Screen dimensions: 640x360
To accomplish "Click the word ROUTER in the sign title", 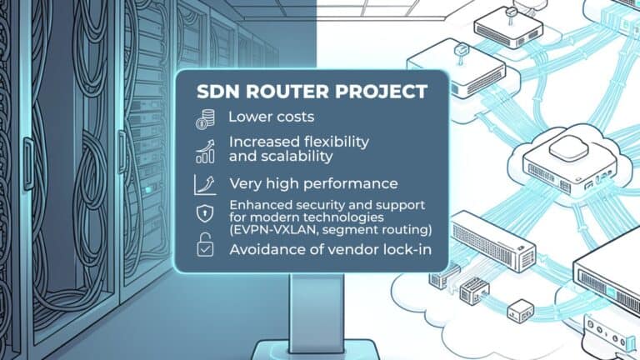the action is pyautogui.click(x=287, y=92).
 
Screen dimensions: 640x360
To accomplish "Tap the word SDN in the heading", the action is pyautogui.click(x=218, y=92).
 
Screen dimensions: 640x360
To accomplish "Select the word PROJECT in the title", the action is pyautogui.click(x=381, y=92).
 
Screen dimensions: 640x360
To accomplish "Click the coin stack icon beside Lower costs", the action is pyautogui.click(x=205, y=120).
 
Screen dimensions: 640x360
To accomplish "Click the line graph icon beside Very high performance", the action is pyautogui.click(x=205, y=185).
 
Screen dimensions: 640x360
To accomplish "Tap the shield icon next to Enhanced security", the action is pyautogui.click(x=205, y=213).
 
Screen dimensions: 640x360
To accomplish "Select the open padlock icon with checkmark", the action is pyautogui.click(x=205, y=245).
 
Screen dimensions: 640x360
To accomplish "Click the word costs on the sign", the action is pyautogui.click(x=293, y=117).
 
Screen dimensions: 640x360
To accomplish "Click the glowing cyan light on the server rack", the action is pyautogui.click(x=148, y=190).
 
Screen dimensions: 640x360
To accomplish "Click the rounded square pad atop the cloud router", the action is pyautogui.click(x=568, y=147).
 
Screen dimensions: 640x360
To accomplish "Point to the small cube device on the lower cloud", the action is pyautogui.click(x=520, y=311).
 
